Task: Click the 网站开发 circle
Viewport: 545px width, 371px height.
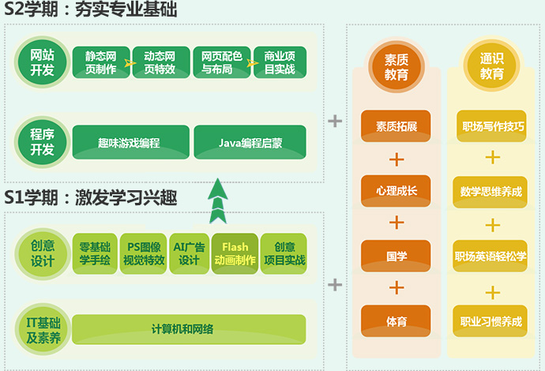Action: (43, 63)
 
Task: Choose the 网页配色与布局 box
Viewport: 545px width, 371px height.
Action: (221, 63)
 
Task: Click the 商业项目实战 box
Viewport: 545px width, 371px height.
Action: (280, 63)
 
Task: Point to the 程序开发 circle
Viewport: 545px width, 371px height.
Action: (43, 143)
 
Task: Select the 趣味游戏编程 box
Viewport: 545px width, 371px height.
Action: (130, 143)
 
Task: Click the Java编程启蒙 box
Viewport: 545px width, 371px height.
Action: (250, 143)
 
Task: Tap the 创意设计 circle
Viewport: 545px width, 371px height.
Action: (43, 253)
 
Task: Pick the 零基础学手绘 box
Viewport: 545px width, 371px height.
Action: (95, 253)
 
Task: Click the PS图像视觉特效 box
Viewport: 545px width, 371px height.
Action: (144, 253)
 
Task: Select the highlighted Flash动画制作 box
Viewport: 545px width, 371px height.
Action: (235, 253)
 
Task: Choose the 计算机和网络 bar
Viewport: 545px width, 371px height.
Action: (188, 329)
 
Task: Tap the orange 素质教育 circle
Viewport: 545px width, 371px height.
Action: (397, 67)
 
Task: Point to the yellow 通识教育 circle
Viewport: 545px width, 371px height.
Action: (491, 67)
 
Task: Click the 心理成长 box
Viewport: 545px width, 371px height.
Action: (397, 190)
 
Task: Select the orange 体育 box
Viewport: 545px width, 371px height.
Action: (397, 321)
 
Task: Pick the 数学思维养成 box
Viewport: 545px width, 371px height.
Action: (491, 190)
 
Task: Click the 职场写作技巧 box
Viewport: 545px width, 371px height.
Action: (491, 126)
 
